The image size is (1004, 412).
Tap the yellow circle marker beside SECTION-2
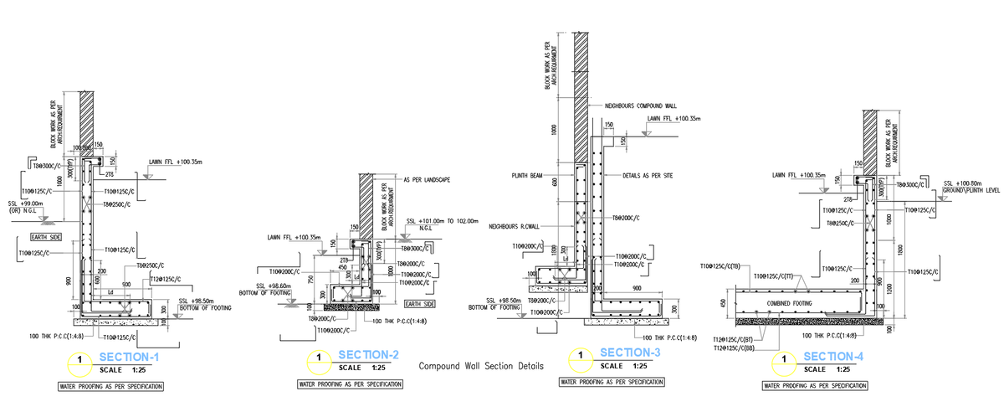(x=318, y=362)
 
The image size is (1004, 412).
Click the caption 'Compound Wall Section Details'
(x=480, y=366)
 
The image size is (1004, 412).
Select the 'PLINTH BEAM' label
(x=528, y=176)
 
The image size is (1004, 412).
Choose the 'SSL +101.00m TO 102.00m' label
(x=441, y=221)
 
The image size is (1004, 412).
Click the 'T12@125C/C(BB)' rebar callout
(x=739, y=347)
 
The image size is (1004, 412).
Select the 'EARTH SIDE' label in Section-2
(x=419, y=305)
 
